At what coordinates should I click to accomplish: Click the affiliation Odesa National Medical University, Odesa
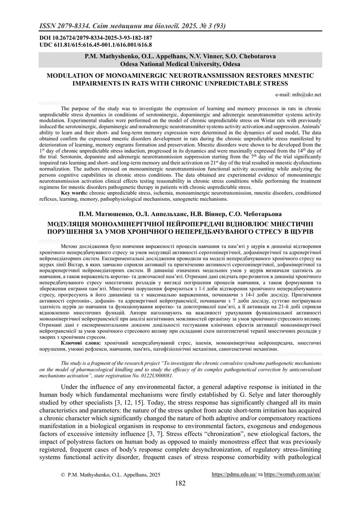(180, 64)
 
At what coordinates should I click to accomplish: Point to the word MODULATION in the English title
(72, 76)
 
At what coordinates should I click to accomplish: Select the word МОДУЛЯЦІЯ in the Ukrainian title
(75, 224)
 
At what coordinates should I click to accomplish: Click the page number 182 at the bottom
(180, 483)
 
